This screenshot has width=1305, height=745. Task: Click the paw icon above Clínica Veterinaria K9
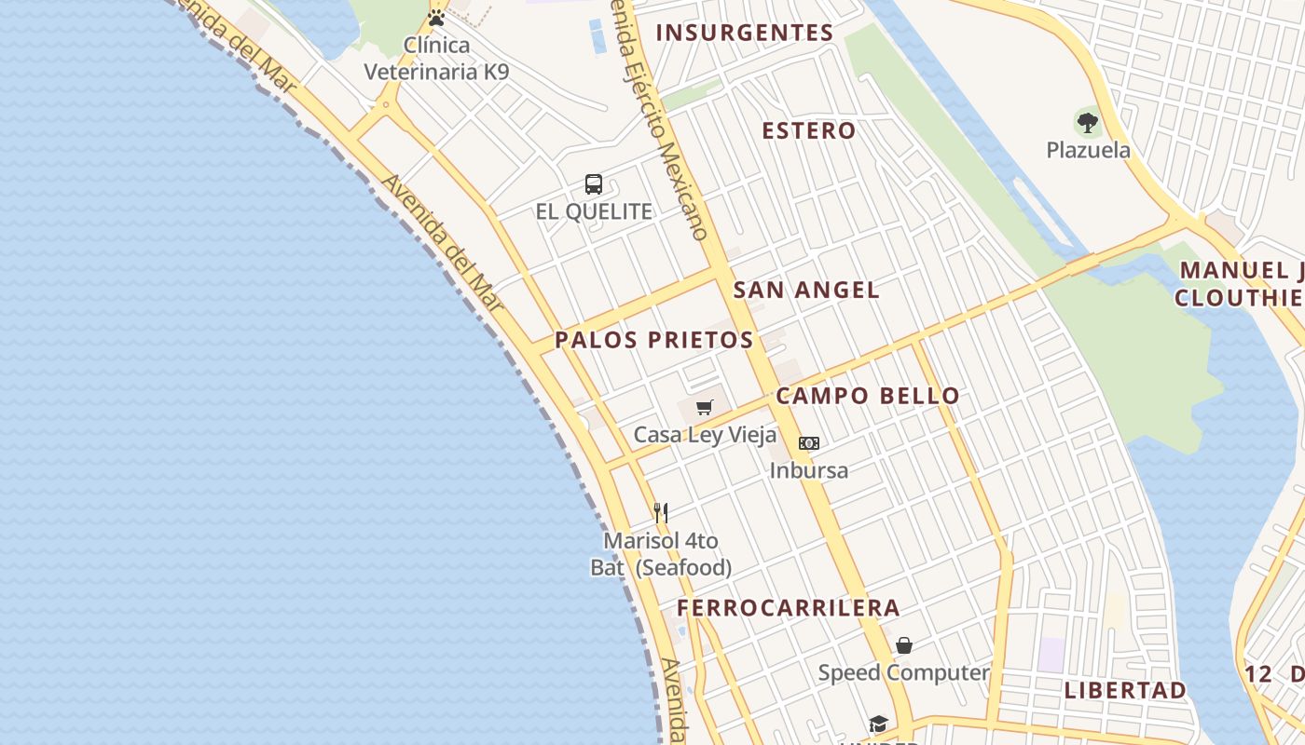click(436, 16)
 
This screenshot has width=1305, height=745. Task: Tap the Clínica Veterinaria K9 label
click(436, 59)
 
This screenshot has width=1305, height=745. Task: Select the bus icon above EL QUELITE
click(594, 183)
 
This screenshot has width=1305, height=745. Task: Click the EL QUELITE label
click(594, 211)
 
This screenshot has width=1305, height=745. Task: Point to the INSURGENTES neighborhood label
click(744, 33)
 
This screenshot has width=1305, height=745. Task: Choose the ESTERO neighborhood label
click(808, 130)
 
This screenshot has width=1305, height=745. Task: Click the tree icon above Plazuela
click(1087, 121)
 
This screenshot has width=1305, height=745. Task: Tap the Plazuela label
click(1088, 150)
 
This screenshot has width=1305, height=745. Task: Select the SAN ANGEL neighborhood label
click(806, 290)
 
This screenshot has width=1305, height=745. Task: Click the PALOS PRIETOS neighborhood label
click(653, 340)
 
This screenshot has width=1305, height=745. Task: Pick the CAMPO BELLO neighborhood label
click(868, 396)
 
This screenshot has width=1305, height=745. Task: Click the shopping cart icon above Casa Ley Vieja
click(705, 407)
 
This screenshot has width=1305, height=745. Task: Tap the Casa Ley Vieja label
click(705, 435)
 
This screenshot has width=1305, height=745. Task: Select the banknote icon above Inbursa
click(809, 443)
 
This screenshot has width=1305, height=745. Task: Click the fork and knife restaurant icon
click(661, 512)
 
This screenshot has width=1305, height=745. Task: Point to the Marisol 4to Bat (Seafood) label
click(661, 554)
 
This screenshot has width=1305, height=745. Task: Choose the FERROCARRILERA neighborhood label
click(789, 608)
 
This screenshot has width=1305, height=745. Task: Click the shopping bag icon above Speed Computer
click(903, 645)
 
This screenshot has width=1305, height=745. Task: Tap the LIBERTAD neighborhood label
click(1125, 690)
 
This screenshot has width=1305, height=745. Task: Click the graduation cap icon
click(878, 724)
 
